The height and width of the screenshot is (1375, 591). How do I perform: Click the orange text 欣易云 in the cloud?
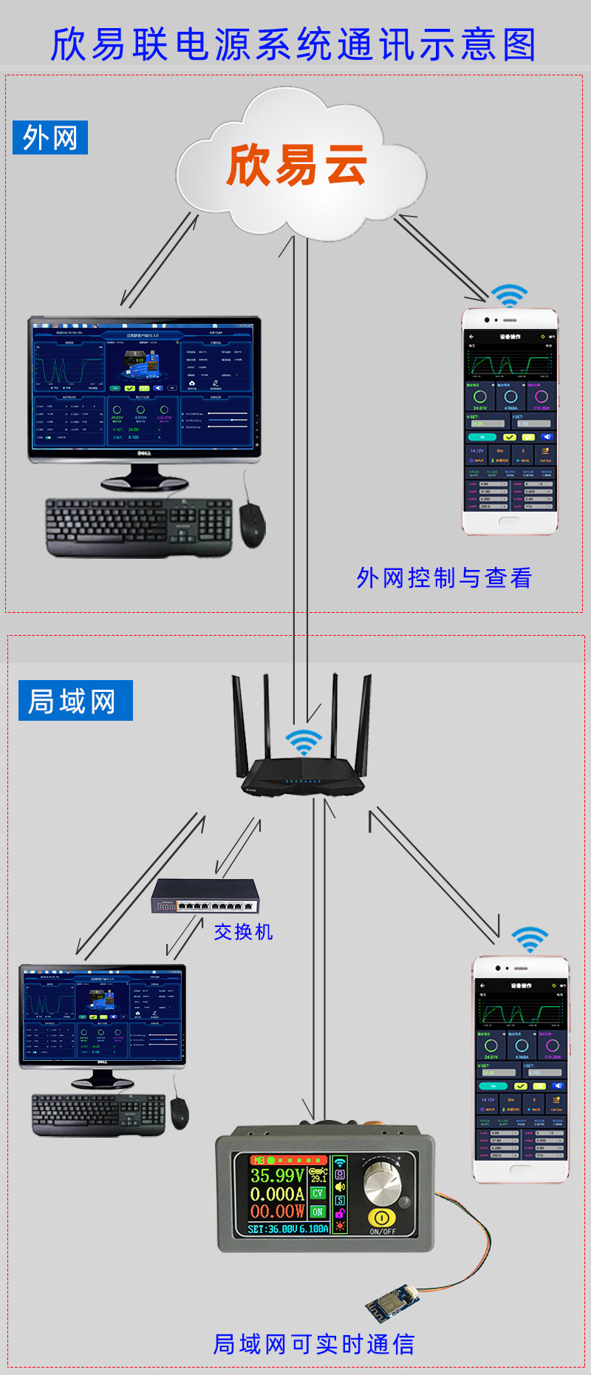pyautogui.click(x=296, y=165)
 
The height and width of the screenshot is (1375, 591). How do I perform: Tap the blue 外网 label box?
pyautogui.click(x=50, y=137)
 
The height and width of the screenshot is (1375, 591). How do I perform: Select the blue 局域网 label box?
pyautogui.click(x=75, y=700)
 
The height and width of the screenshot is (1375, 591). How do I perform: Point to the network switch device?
pyautogui.click(x=205, y=896)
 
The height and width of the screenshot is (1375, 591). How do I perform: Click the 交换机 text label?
pyautogui.click(x=243, y=931)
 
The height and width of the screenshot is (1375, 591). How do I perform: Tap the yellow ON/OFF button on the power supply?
pyautogui.click(x=382, y=1218)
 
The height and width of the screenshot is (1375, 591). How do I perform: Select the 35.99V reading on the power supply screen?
pyautogui.click(x=277, y=1175)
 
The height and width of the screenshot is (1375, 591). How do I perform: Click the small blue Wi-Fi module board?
pyautogui.click(x=392, y=1303)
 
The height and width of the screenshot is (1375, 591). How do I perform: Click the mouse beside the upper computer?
pyautogui.click(x=252, y=524)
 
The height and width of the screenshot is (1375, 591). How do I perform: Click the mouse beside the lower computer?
pyautogui.click(x=180, y=1113)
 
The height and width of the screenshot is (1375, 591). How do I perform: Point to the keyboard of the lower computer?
pyautogui.click(x=98, y=1114)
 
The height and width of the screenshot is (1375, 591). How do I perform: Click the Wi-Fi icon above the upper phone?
pyautogui.click(x=509, y=296)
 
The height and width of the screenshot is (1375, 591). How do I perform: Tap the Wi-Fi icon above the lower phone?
pyautogui.click(x=530, y=940)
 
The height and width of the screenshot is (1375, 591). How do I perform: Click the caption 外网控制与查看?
pyautogui.click(x=444, y=577)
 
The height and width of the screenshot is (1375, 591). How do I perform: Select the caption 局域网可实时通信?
pyautogui.click(x=314, y=1343)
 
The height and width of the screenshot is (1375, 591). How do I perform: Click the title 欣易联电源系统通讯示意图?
pyautogui.click(x=293, y=44)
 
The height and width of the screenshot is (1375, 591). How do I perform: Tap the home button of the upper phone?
pyautogui.click(x=510, y=521)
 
